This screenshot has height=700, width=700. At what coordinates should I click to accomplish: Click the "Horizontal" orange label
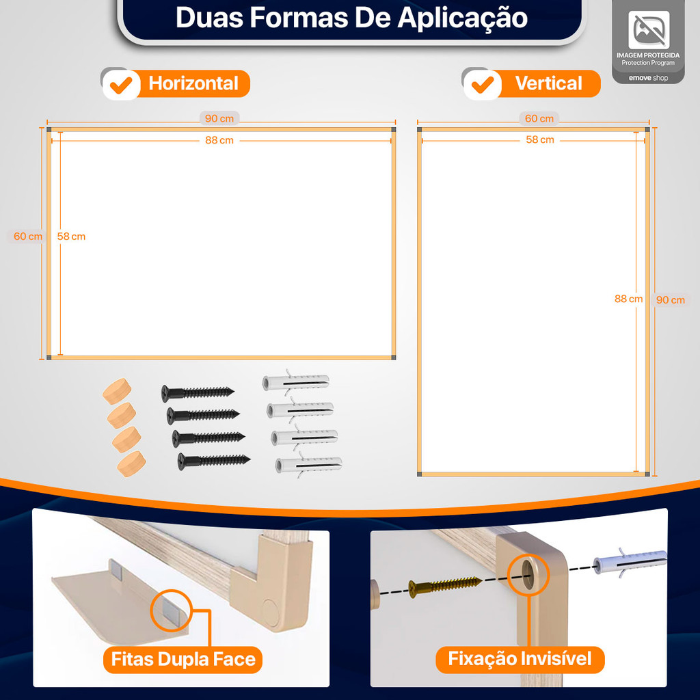click(193, 83)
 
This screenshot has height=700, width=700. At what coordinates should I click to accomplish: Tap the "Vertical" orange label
click(548, 83)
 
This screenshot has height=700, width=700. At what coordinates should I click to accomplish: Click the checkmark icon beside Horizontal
click(120, 84)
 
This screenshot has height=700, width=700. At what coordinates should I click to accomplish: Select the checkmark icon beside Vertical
click(482, 84)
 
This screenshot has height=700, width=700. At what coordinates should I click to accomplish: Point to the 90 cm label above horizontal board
click(219, 118)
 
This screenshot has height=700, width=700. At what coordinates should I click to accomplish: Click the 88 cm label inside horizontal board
click(219, 140)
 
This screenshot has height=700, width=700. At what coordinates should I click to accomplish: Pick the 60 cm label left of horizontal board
click(27, 236)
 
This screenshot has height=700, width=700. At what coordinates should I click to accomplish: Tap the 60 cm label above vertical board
click(539, 118)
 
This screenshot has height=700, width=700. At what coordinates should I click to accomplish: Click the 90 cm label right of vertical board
click(670, 300)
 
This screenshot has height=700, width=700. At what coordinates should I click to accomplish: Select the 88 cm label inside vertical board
click(628, 299)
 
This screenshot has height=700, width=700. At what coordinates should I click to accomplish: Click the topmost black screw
click(198, 393)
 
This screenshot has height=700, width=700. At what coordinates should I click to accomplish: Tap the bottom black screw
click(214, 461)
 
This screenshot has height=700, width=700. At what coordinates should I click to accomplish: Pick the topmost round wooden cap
click(117, 391)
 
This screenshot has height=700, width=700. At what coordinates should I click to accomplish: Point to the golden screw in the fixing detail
click(445, 585)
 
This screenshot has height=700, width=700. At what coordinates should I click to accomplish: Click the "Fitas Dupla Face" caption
click(183, 660)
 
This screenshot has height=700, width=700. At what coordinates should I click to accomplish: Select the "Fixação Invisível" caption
click(520, 659)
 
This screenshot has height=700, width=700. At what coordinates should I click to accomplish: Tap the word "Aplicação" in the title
click(462, 18)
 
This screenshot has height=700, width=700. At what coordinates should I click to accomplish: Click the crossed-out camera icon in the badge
click(649, 30)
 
